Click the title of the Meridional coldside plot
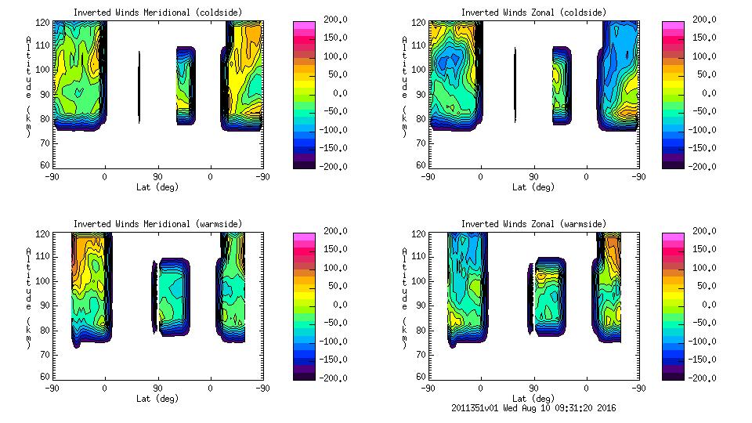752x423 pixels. coord(157,13)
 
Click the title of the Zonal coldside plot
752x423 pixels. coord(533,13)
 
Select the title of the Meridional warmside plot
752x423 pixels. coord(157,224)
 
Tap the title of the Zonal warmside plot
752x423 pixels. coord(533,224)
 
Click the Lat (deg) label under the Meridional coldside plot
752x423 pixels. coord(157,187)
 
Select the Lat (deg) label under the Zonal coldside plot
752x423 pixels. coord(533,187)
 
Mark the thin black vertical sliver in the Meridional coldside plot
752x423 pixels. coord(139,88)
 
